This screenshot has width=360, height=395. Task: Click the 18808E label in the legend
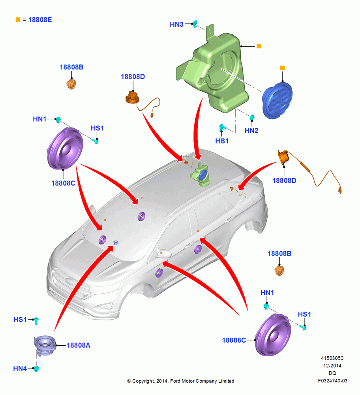click(x=40, y=20)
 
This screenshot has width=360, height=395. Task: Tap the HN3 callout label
click(x=176, y=24)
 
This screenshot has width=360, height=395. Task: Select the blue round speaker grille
click(x=277, y=100)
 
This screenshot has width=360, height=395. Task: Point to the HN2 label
click(x=251, y=130)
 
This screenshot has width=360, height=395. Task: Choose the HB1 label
click(x=222, y=141)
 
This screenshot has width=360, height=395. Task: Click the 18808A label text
click(x=78, y=345)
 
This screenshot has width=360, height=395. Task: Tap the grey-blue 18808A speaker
click(x=45, y=346)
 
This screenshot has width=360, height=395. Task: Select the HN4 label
click(x=20, y=368)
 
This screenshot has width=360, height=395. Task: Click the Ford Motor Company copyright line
click(x=181, y=381)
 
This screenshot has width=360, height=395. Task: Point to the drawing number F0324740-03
click(x=332, y=381)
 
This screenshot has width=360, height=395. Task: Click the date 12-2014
click(x=332, y=365)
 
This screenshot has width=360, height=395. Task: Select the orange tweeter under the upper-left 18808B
click(x=71, y=84)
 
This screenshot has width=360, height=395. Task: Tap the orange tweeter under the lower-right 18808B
click(x=279, y=271)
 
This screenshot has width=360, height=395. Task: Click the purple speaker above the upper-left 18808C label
click(x=65, y=149)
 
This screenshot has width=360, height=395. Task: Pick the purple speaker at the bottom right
click(x=273, y=335)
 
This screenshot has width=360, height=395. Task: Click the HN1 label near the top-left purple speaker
click(x=39, y=119)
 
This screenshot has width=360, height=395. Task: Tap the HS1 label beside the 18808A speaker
click(x=20, y=320)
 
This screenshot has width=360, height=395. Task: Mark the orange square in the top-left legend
click(x=18, y=20)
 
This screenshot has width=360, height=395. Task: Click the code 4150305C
click(x=332, y=358)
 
